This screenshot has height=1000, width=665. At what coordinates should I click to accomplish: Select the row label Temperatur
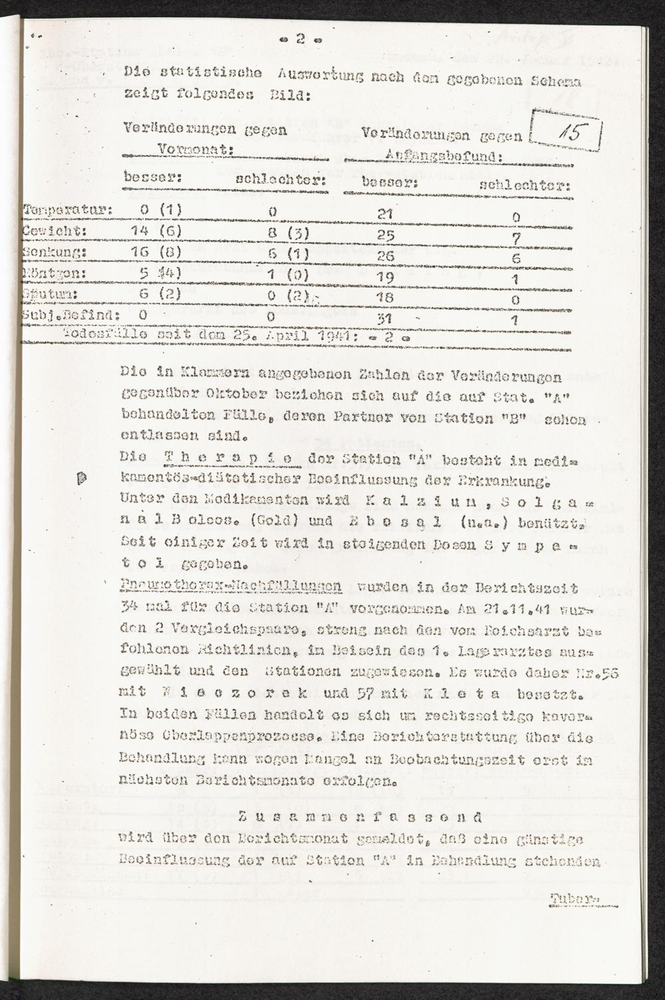(67, 211)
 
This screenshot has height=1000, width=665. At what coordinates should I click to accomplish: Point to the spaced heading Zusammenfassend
(360, 817)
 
